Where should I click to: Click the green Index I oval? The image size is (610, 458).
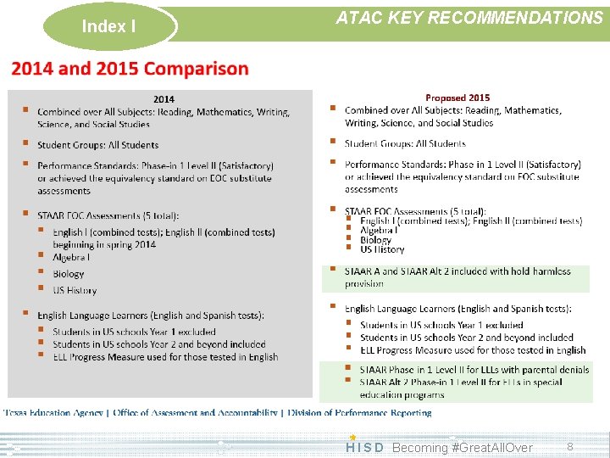[108, 26]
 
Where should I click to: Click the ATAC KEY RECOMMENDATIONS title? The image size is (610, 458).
[469, 18]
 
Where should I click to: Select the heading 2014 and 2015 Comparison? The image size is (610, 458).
[130, 69]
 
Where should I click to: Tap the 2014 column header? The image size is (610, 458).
[164, 99]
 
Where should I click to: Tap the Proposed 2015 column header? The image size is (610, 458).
[457, 98]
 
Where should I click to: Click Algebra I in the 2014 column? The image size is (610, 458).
[71, 257]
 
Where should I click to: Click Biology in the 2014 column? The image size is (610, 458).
[69, 274]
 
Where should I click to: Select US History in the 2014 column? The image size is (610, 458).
[75, 290]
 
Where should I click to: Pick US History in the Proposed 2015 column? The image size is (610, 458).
[382, 249]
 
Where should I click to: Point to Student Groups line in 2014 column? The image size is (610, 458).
[97, 145]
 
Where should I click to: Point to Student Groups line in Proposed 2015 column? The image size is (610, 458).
[405, 143]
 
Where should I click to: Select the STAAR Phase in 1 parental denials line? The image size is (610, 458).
[474, 370]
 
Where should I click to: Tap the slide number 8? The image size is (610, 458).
[570, 446]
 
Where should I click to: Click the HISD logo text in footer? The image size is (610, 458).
[364, 447]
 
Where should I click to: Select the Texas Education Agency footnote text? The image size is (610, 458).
[217, 413]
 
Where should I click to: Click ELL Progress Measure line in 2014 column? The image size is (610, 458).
[165, 357]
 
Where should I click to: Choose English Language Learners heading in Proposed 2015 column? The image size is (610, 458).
[457, 309]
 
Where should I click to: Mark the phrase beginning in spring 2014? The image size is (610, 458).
[104, 244]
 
